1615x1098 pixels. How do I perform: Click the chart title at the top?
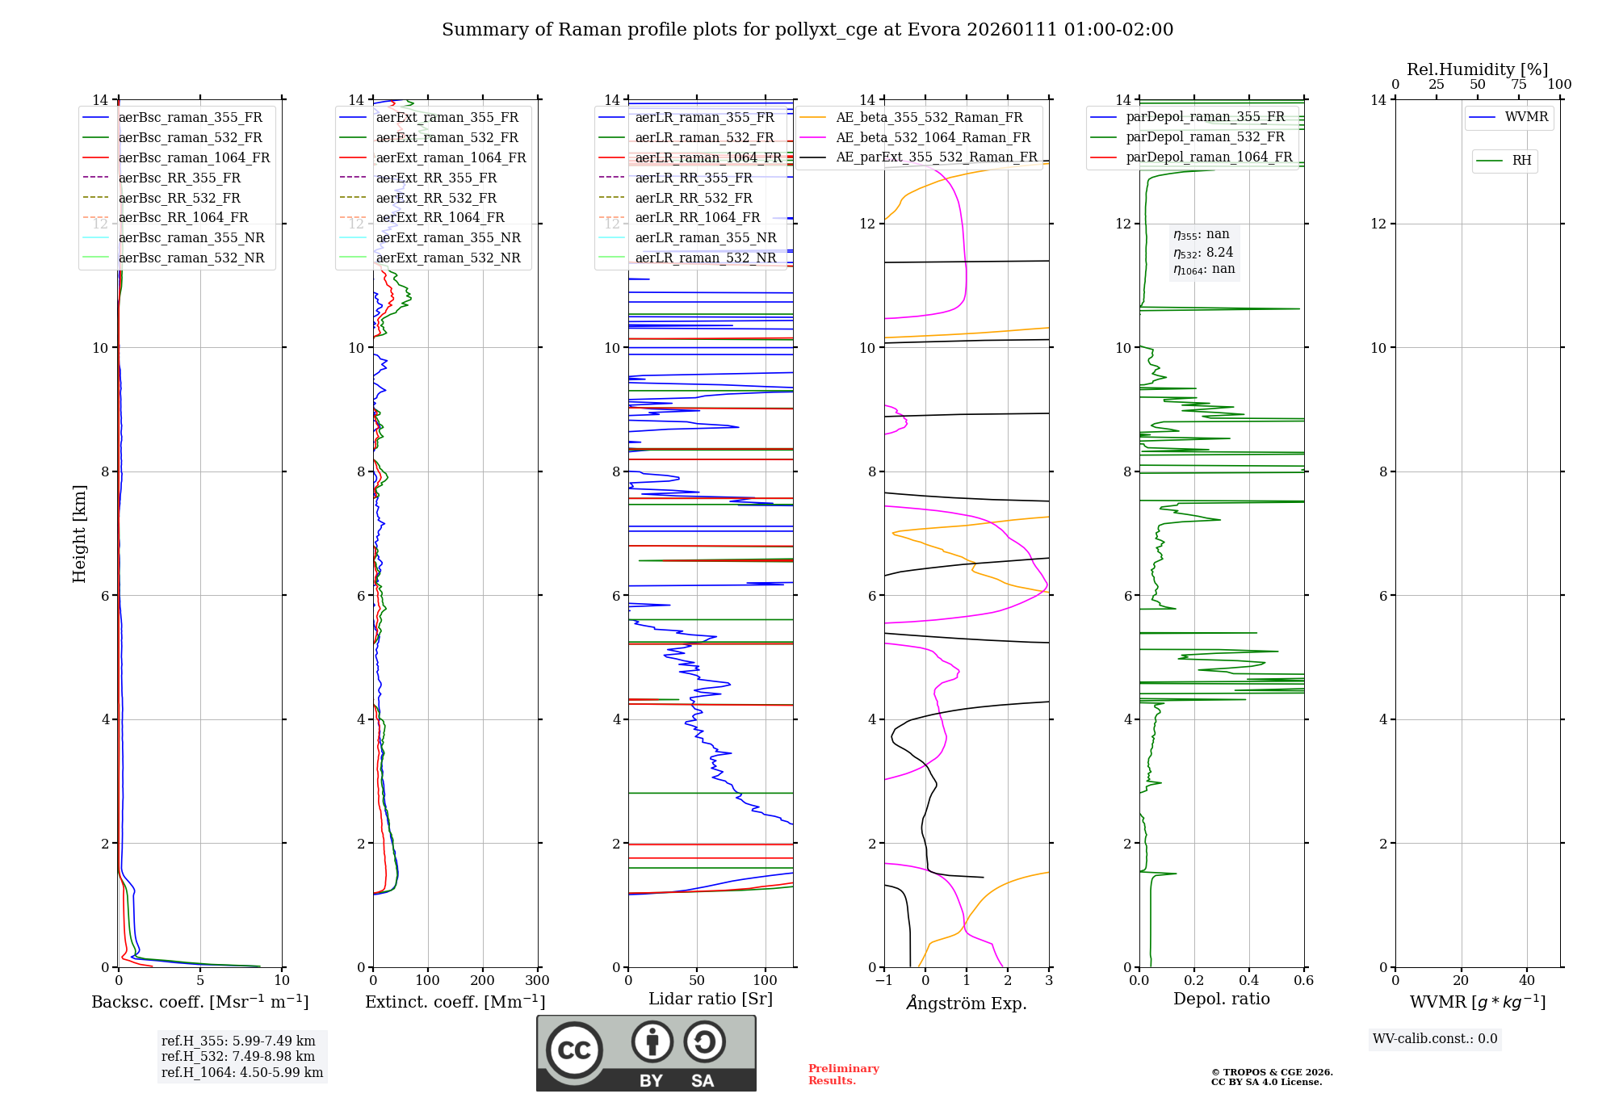click(807, 30)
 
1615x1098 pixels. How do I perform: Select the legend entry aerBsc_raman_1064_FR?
click(194, 157)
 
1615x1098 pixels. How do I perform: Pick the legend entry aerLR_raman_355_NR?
click(705, 237)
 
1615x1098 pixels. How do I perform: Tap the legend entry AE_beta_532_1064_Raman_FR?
click(933, 137)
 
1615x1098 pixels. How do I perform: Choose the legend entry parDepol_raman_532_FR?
click(1205, 136)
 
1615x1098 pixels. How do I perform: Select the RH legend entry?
click(1521, 161)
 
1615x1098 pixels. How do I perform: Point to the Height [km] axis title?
click(79, 533)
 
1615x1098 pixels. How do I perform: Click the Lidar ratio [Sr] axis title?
click(710, 999)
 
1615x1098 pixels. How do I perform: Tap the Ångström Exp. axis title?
click(966, 1003)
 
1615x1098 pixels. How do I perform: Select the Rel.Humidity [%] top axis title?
click(1477, 69)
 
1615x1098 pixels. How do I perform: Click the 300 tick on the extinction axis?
click(537, 981)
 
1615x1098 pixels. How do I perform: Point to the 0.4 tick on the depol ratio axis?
click(1249, 981)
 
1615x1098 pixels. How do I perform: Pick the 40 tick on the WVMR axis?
click(1526, 981)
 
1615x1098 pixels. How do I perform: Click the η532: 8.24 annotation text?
click(1203, 252)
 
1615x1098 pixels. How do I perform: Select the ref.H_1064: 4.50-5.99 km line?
click(242, 1072)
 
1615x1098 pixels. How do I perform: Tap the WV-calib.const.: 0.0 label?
click(1435, 1039)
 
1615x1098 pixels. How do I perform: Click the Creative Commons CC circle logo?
click(574, 1050)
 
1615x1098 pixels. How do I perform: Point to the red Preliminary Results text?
click(843, 1075)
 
